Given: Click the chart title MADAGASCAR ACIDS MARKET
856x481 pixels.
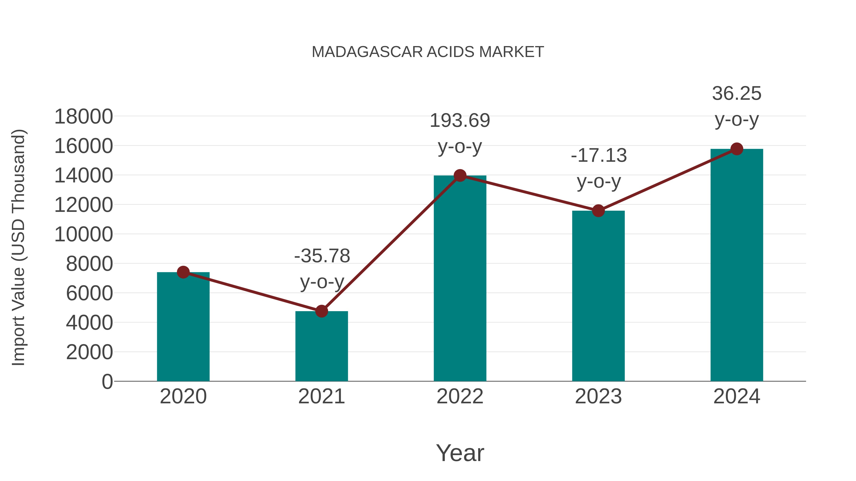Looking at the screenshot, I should click(x=428, y=52).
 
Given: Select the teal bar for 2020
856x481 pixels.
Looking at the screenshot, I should click(x=183, y=327).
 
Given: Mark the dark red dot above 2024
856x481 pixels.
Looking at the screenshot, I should click(x=737, y=149).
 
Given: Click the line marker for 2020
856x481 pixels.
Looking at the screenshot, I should click(x=183, y=272).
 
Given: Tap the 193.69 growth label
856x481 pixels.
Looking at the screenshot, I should click(x=460, y=120).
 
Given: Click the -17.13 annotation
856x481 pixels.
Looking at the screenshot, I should click(x=599, y=156).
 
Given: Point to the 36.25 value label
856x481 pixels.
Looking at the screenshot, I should click(x=737, y=94).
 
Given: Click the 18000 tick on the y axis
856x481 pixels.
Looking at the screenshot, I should click(x=83, y=117).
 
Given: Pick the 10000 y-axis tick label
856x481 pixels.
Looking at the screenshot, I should click(x=83, y=234).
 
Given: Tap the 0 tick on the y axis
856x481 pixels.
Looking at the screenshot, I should click(x=107, y=381).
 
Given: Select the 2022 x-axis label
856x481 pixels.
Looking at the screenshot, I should click(x=460, y=396).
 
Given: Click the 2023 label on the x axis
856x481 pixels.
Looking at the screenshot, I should click(x=598, y=396).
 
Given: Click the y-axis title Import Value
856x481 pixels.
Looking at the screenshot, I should click(x=19, y=247).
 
